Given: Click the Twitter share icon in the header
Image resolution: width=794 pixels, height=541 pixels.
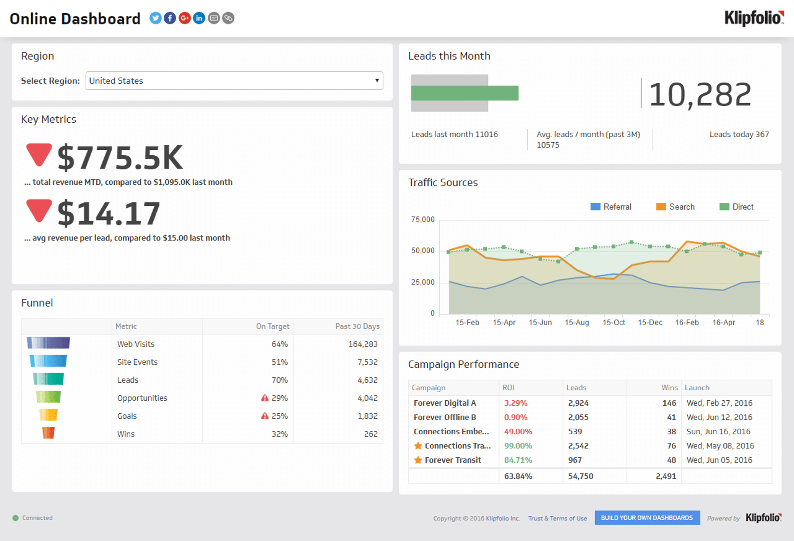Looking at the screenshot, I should click(155, 19).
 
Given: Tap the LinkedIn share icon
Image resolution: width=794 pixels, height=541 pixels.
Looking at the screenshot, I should click(199, 19).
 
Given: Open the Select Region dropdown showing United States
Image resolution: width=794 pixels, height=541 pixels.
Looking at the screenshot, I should click(234, 81).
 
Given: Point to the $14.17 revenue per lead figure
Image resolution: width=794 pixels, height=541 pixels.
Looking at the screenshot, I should click(109, 213).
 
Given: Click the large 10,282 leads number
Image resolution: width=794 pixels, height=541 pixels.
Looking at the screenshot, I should click(700, 94).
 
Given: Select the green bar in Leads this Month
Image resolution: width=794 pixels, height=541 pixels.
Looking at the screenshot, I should click(464, 93).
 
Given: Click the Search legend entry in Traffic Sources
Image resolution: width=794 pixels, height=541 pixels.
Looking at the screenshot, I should click(676, 207).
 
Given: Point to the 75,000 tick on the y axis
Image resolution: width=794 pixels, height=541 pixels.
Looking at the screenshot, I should click(423, 219).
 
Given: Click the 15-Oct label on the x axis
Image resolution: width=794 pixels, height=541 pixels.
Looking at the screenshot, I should click(614, 323).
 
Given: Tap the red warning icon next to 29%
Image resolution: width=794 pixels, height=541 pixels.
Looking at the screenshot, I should click(264, 398).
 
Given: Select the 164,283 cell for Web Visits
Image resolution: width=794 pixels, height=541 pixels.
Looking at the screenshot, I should click(363, 344).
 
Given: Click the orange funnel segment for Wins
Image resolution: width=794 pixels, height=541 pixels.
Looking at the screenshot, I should click(48, 432).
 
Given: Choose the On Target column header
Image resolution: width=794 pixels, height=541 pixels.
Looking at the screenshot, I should click(273, 326).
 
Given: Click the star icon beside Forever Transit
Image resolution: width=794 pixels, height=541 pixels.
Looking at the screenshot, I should click(418, 460).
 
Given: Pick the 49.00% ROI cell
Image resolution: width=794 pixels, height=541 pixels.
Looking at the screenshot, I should click(518, 431).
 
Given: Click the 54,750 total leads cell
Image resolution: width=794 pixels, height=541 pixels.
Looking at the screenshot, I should click(581, 476).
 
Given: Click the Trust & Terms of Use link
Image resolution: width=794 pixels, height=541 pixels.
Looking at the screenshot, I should click(557, 518).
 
